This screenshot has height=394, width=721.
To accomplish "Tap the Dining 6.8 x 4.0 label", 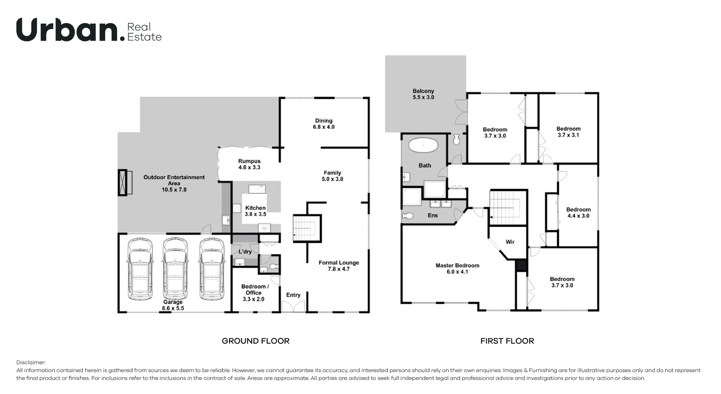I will [324, 124].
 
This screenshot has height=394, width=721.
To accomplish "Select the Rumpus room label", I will [249, 164].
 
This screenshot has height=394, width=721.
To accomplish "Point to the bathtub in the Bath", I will [423, 145].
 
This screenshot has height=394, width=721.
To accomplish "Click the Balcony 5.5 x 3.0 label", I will [423, 94].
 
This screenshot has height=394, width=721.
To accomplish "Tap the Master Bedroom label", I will [457, 268].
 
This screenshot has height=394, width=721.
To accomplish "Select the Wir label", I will [510, 242].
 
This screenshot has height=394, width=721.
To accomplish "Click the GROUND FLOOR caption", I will [255, 341].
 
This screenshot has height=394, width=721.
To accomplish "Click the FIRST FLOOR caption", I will [507, 341].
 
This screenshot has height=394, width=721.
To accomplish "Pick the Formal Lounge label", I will [339, 266].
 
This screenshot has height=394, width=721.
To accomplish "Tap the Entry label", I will [293, 295].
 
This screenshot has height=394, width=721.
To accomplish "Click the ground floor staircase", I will [306, 228].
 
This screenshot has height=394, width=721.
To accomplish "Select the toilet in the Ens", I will [408, 216].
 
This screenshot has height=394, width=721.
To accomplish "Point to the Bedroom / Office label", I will [255, 293].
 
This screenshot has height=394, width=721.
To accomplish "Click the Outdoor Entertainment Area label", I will [174, 183].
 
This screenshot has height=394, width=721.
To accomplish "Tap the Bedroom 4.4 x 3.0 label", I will [578, 213].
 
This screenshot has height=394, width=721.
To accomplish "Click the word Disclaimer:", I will [31, 362].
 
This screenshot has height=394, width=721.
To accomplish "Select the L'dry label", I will [245, 251].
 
